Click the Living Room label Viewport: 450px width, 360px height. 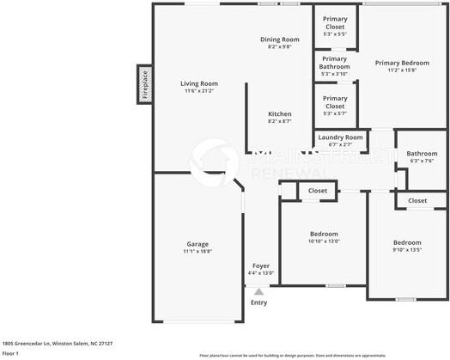tap(198, 83)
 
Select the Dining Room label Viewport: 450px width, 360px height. tap(280, 40)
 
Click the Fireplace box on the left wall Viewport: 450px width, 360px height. tap(144, 85)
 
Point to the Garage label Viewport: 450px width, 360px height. tap(197, 244)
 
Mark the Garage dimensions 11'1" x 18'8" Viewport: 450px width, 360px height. tap(197, 252)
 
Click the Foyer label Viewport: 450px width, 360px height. tap(259, 265)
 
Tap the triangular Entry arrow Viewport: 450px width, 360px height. tap(258, 292)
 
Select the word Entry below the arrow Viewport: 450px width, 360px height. tap(258, 302)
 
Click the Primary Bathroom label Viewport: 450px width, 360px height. tap(335, 63)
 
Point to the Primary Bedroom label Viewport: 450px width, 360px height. tap(402, 63)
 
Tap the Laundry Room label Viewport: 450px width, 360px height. tap(340, 137)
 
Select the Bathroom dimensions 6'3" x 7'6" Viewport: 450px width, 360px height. tap(422, 161)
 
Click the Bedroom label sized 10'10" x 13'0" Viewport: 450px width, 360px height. tap(324, 234)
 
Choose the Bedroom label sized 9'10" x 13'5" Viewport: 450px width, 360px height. tap(408, 242)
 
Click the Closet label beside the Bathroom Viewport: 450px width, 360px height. tap(417, 200)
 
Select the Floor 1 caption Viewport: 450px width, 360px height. tap(10, 353)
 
